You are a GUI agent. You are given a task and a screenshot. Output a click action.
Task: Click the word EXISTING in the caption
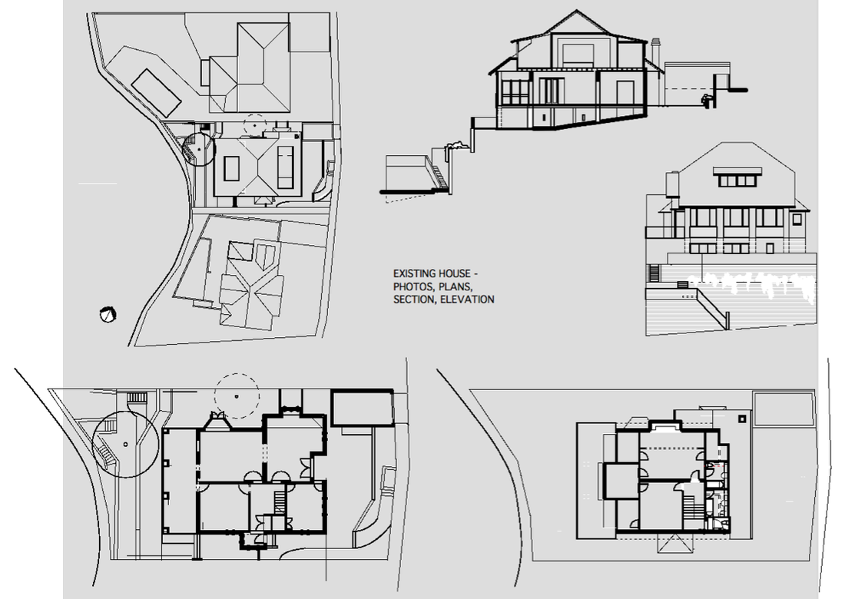[x=413, y=273]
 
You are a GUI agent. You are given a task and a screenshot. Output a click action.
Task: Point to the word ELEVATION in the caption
[x=467, y=299]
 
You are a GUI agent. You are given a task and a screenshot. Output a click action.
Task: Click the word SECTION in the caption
[x=414, y=299]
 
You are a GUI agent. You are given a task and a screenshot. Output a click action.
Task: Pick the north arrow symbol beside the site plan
[x=108, y=315]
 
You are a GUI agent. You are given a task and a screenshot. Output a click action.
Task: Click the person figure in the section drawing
[x=707, y=100]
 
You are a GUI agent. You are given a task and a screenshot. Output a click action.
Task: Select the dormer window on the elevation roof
[x=738, y=177]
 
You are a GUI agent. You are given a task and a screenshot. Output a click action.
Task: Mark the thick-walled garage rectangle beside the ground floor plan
[x=362, y=409]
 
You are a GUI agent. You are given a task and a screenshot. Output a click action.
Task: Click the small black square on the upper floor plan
[x=742, y=418]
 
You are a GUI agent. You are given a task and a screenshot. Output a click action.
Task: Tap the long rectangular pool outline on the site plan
[x=156, y=93]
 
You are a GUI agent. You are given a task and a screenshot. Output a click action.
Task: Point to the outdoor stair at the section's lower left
[x=439, y=175]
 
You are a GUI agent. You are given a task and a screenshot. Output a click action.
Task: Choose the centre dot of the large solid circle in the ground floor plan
[x=125, y=445]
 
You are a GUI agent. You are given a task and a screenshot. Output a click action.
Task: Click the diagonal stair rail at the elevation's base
[x=712, y=308]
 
